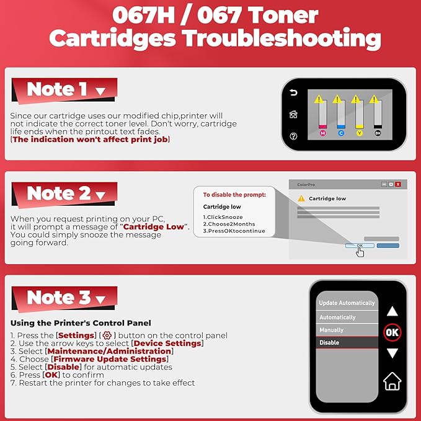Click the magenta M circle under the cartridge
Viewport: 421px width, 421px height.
click(x=322, y=133)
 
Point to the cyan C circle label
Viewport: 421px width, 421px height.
click(x=340, y=133)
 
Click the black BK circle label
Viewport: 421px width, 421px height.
click(x=378, y=133)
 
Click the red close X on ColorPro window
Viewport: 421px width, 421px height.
click(x=397, y=184)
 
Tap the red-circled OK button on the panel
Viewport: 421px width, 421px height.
click(x=392, y=332)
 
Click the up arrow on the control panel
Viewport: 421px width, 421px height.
click(x=392, y=311)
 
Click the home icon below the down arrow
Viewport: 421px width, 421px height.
click(x=392, y=381)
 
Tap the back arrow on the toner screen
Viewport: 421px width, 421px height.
click(x=293, y=94)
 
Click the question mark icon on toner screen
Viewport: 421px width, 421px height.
click(x=293, y=136)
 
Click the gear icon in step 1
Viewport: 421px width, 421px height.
click(x=97, y=335)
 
